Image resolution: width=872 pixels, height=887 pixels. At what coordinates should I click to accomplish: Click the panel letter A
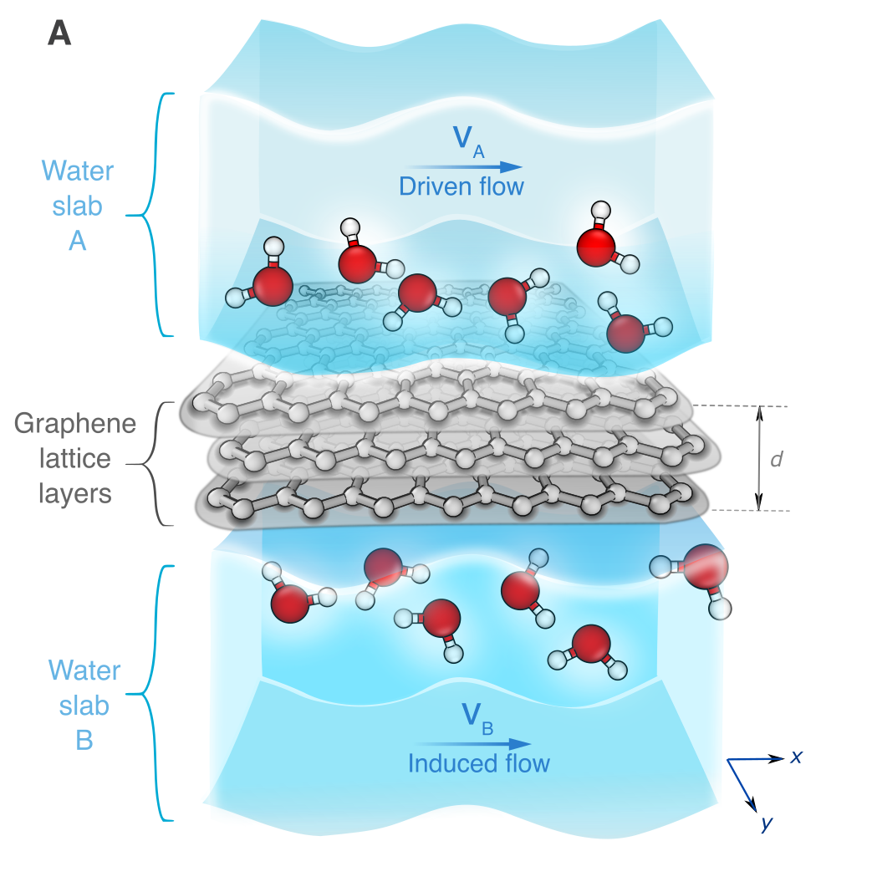[60, 33]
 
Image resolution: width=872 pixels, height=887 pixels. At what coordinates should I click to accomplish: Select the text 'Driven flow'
[461, 186]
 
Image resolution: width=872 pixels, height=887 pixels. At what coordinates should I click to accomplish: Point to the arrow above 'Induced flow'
[473, 743]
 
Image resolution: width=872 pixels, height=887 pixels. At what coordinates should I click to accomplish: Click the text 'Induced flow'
[479, 763]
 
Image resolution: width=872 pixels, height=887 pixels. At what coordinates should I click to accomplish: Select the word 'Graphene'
[75, 424]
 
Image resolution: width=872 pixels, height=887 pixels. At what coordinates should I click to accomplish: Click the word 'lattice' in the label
[75, 458]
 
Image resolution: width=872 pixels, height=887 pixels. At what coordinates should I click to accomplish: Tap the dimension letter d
[776, 459]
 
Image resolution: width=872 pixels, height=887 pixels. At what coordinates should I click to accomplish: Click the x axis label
[797, 757]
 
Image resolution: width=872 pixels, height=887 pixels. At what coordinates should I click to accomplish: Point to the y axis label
[766, 824]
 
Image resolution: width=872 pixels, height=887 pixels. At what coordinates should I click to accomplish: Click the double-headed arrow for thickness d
[759, 458]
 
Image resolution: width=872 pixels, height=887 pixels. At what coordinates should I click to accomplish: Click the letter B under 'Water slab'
[84, 741]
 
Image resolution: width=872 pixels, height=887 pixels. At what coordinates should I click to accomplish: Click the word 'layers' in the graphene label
[75, 493]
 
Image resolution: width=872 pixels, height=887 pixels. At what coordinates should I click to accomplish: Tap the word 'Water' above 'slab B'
[84, 670]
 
